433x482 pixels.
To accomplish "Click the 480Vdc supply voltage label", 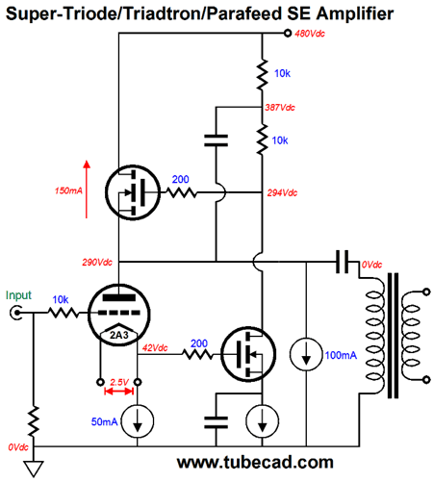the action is (310, 34).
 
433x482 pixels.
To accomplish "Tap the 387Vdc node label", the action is (280, 108).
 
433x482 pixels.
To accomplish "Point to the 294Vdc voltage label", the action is (282, 192).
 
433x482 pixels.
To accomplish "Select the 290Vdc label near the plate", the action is (97, 263).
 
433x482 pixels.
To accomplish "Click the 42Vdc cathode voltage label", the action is (155, 348).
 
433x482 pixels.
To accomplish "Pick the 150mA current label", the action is (68, 190).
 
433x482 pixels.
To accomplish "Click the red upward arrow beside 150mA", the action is (87, 190).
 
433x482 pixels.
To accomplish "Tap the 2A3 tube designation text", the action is (119, 335).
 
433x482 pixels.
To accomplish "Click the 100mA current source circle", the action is (306, 355).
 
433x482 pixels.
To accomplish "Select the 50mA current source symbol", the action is (138, 421).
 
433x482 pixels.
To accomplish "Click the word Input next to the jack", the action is (18, 295).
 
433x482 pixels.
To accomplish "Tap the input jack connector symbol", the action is (15, 313).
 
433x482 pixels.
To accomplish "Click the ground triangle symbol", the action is (34, 469).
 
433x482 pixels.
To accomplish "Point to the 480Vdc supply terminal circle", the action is (288, 33).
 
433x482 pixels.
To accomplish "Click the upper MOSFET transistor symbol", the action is (133, 192).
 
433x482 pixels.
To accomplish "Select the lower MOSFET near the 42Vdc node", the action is (248, 354).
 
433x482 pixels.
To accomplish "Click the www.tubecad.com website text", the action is (255, 463).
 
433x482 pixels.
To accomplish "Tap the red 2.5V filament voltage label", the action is (119, 382).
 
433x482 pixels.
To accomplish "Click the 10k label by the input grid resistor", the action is (61, 300).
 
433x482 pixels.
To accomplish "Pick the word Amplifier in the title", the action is (354, 13).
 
